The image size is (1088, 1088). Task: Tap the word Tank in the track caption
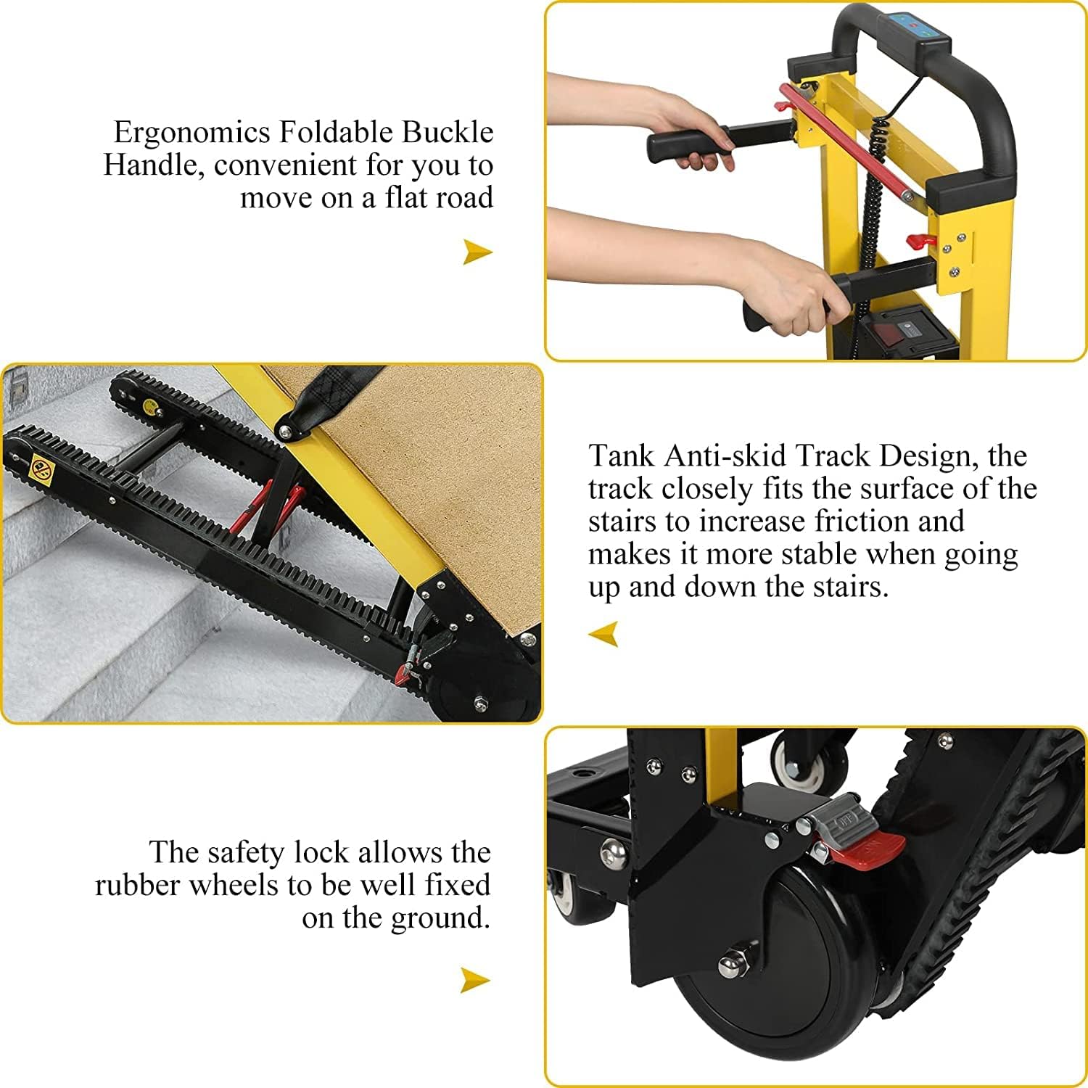point(620,456)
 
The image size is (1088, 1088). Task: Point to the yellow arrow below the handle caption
point(477,252)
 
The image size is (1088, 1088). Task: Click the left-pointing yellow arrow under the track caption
point(603,634)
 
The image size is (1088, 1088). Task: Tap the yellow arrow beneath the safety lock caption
point(475,981)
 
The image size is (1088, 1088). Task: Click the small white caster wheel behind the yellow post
point(801,765)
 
